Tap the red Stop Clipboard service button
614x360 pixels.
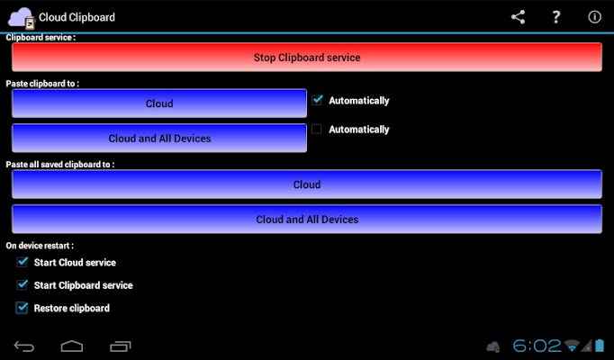point(307,57)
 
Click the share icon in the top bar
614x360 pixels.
point(518,17)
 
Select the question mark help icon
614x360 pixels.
point(555,17)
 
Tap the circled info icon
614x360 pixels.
point(594,17)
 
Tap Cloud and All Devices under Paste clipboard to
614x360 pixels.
point(159,138)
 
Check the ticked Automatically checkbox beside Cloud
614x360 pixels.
point(317,100)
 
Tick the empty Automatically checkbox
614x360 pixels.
point(317,129)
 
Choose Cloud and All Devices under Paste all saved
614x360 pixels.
point(307,219)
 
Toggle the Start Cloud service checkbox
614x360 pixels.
point(23,262)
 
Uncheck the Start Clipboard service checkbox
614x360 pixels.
point(23,285)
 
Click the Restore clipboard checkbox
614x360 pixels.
point(22,308)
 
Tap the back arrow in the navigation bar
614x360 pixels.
point(24,346)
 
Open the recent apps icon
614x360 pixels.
point(121,346)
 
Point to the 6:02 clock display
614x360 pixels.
point(537,346)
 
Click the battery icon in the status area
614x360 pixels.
point(600,346)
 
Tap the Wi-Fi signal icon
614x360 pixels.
point(572,346)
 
